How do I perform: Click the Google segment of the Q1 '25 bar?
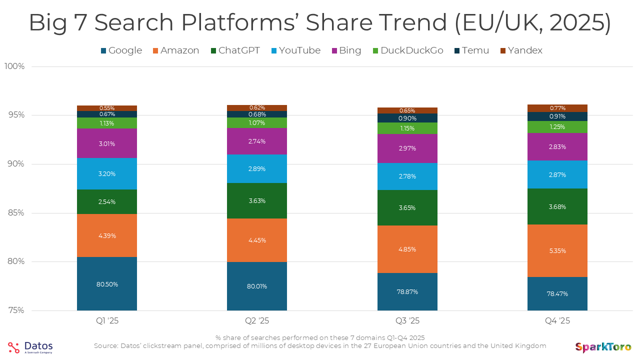click(107, 283)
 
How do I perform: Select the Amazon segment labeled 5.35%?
click(557, 250)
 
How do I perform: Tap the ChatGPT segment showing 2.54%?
click(107, 202)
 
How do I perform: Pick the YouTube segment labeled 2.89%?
click(257, 168)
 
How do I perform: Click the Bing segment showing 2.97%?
click(407, 148)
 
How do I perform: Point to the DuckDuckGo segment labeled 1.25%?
click(557, 127)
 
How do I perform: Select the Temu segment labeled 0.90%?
click(407, 118)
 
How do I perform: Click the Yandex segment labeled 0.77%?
click(557, 108)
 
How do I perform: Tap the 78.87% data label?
click(407, 292)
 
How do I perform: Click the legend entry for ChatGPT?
click(235, 50)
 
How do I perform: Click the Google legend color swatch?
click(103, 50)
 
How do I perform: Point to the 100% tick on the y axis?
click(14, 66)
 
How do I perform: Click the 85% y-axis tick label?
click(16, 213)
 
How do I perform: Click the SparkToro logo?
click(603, 347)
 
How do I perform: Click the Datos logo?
click(30, 347)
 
